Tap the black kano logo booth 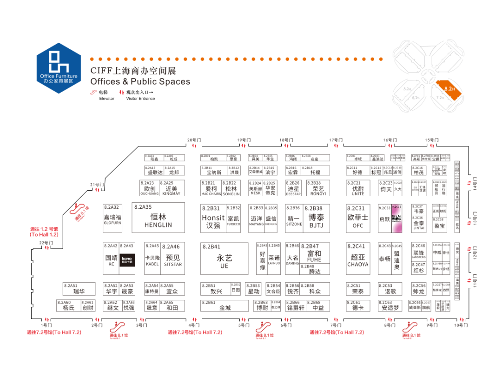pyautogui.click(x=127, y=259)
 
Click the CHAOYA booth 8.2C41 pyautogui.click(x=358, y=259)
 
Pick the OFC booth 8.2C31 pyautogui.click(x=358, y=217)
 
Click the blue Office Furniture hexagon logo pyautogui.click(x=59, y=68)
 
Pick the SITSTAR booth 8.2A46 pyautogui.click(x=172, y=259)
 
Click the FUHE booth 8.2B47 pyautogui.click(x=315, y=252)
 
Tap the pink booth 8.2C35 pyautogui.click(x=396, y=218)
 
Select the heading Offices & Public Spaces pyautogui.click(x=140, y=81)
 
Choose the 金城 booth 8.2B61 pyautogui.click(x=225, y=306)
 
